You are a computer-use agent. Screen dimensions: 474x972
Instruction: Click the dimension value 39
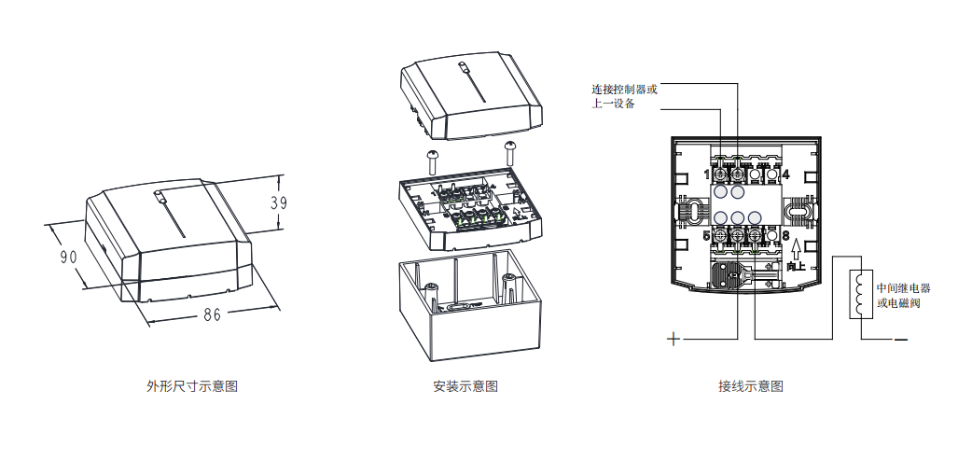[276, 202]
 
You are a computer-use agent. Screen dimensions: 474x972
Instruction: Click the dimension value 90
[68, 257]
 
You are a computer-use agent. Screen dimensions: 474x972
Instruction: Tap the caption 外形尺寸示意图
[192, 386]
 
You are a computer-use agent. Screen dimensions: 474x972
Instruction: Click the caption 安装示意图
[465, 386]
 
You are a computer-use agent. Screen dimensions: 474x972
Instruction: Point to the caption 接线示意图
[751, 386]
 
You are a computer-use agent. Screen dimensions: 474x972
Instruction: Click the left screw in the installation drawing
[434, 157]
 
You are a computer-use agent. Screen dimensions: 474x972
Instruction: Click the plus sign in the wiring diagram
[673, 339]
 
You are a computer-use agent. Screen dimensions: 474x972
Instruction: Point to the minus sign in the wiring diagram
[900, 339]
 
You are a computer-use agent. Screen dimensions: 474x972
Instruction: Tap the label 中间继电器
[904, 288]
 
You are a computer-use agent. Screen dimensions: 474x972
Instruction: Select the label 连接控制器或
[624, 90]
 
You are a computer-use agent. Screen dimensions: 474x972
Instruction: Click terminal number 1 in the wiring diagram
[706, 174]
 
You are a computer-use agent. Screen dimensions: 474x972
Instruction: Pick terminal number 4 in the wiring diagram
[786, 174]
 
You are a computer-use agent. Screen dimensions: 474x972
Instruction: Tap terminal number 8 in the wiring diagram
[786, 235]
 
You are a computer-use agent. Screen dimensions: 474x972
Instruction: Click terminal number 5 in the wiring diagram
[706, 235]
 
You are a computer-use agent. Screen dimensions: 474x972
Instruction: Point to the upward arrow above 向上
[796, 249]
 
